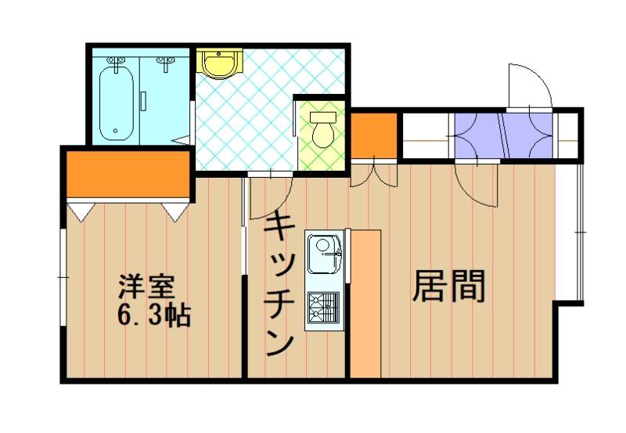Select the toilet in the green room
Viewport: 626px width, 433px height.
click(322, 130)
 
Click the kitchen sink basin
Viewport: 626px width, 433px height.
click(324, 254)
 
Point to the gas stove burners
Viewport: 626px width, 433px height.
click(324, 307)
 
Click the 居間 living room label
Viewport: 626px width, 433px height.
click(449, 286)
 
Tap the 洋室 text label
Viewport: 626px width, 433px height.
click(146, 287)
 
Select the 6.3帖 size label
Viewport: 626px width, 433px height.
click(153, 316)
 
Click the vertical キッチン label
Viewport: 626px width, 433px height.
click(279, 283)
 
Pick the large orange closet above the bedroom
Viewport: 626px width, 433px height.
click(128, 174)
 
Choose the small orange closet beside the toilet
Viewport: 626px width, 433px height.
click(374, 135)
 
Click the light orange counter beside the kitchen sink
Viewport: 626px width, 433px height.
click(365, 304)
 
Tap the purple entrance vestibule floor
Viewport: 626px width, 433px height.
click(504, 135)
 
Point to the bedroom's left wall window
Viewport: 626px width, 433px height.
click(63, 278)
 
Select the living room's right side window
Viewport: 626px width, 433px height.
click(580, 232)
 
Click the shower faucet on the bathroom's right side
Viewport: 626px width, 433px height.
click(165, 63)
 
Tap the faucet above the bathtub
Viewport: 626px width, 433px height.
click(116, 63)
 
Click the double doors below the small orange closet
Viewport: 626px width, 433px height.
click(374, 173)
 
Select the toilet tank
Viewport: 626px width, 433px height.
click(323, 117)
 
